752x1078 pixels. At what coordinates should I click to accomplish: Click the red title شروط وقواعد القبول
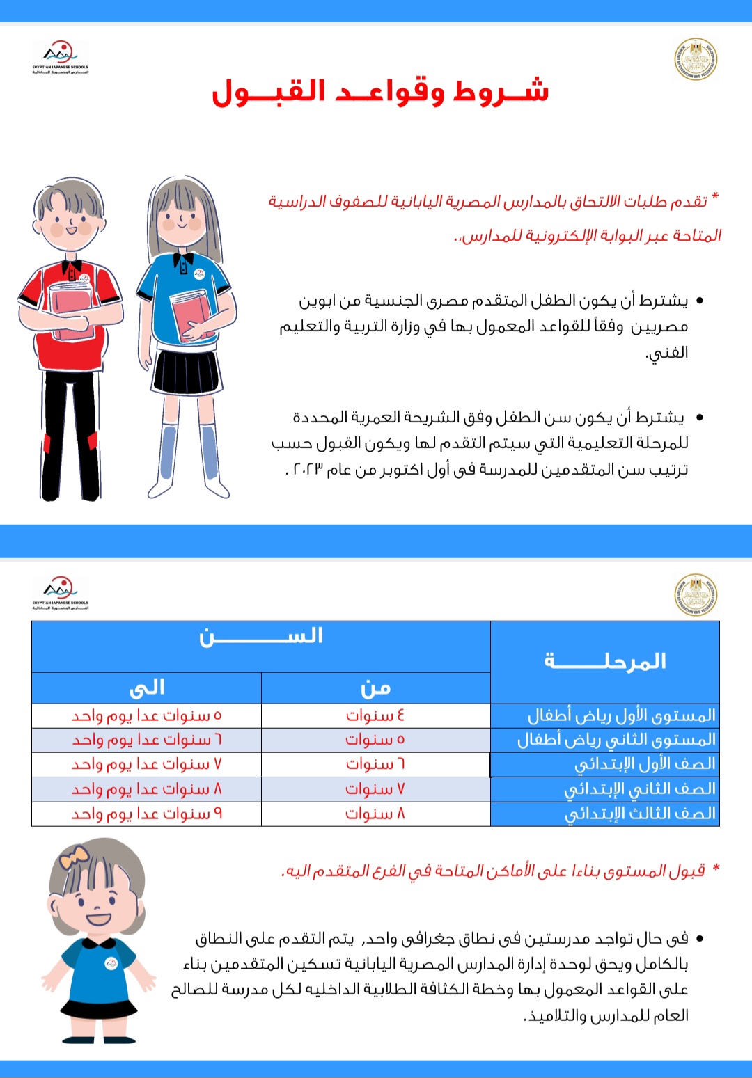380,92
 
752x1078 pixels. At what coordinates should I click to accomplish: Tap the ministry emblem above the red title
696,58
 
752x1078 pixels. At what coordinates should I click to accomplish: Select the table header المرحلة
605,661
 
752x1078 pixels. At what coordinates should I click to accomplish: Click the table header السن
261,637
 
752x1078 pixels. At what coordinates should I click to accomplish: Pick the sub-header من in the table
376,688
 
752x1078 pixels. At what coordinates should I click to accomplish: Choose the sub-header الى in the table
147,688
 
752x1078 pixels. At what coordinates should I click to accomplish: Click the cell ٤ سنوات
375,715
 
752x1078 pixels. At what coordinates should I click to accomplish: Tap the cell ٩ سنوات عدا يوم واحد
147,814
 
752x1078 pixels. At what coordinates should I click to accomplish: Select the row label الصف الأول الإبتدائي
644,764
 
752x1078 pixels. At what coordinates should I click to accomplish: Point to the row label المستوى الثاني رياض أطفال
616,740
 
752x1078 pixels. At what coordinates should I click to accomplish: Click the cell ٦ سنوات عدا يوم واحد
147,740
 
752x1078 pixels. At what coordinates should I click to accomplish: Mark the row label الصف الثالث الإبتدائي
639,814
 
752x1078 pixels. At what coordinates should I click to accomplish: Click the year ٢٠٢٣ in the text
307,470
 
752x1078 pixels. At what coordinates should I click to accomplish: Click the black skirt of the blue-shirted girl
186,372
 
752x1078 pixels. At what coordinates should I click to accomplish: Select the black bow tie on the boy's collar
71,267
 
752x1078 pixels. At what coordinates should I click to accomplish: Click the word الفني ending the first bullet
667,353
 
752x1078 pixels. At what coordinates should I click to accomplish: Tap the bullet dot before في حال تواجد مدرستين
700,939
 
